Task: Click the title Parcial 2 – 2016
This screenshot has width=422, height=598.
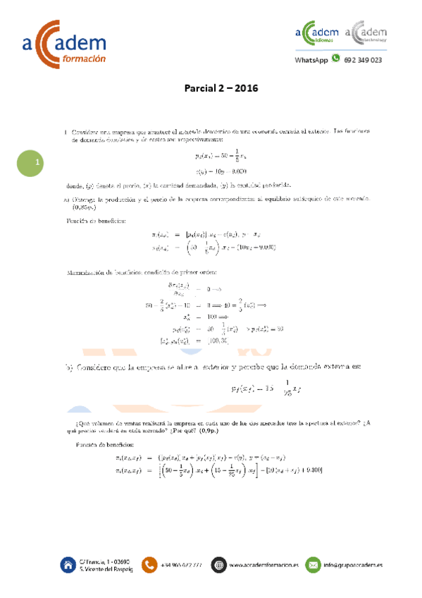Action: pos(221,89)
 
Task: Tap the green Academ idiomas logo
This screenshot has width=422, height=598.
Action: pos(316,36)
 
